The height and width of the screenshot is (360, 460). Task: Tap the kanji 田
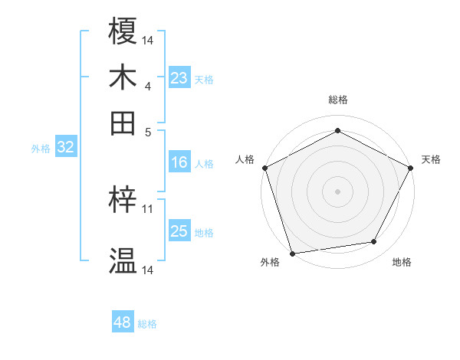[123, 123]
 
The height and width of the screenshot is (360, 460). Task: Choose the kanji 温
[123, 261]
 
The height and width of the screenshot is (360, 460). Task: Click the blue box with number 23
[179, 78]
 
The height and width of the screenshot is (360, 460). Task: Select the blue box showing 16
[179, 162]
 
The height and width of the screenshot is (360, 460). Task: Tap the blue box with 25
[179, 231]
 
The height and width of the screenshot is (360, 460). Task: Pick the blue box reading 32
[66, 148]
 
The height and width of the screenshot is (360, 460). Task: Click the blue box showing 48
[122, 322]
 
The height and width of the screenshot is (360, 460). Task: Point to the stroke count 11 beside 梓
[148, 208]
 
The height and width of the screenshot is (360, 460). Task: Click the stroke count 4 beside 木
[147, 86]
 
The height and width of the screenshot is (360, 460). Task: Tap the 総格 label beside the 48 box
[147, 324]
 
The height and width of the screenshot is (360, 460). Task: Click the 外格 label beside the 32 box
[40, 149]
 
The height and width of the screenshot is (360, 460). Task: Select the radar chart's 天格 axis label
[431, 159]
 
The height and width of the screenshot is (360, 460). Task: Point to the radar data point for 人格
[264, 167]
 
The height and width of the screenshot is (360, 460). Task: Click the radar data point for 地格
[374, 242]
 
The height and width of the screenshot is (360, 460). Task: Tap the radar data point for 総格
[337, 130]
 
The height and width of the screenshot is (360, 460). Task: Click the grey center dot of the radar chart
[337, 191]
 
